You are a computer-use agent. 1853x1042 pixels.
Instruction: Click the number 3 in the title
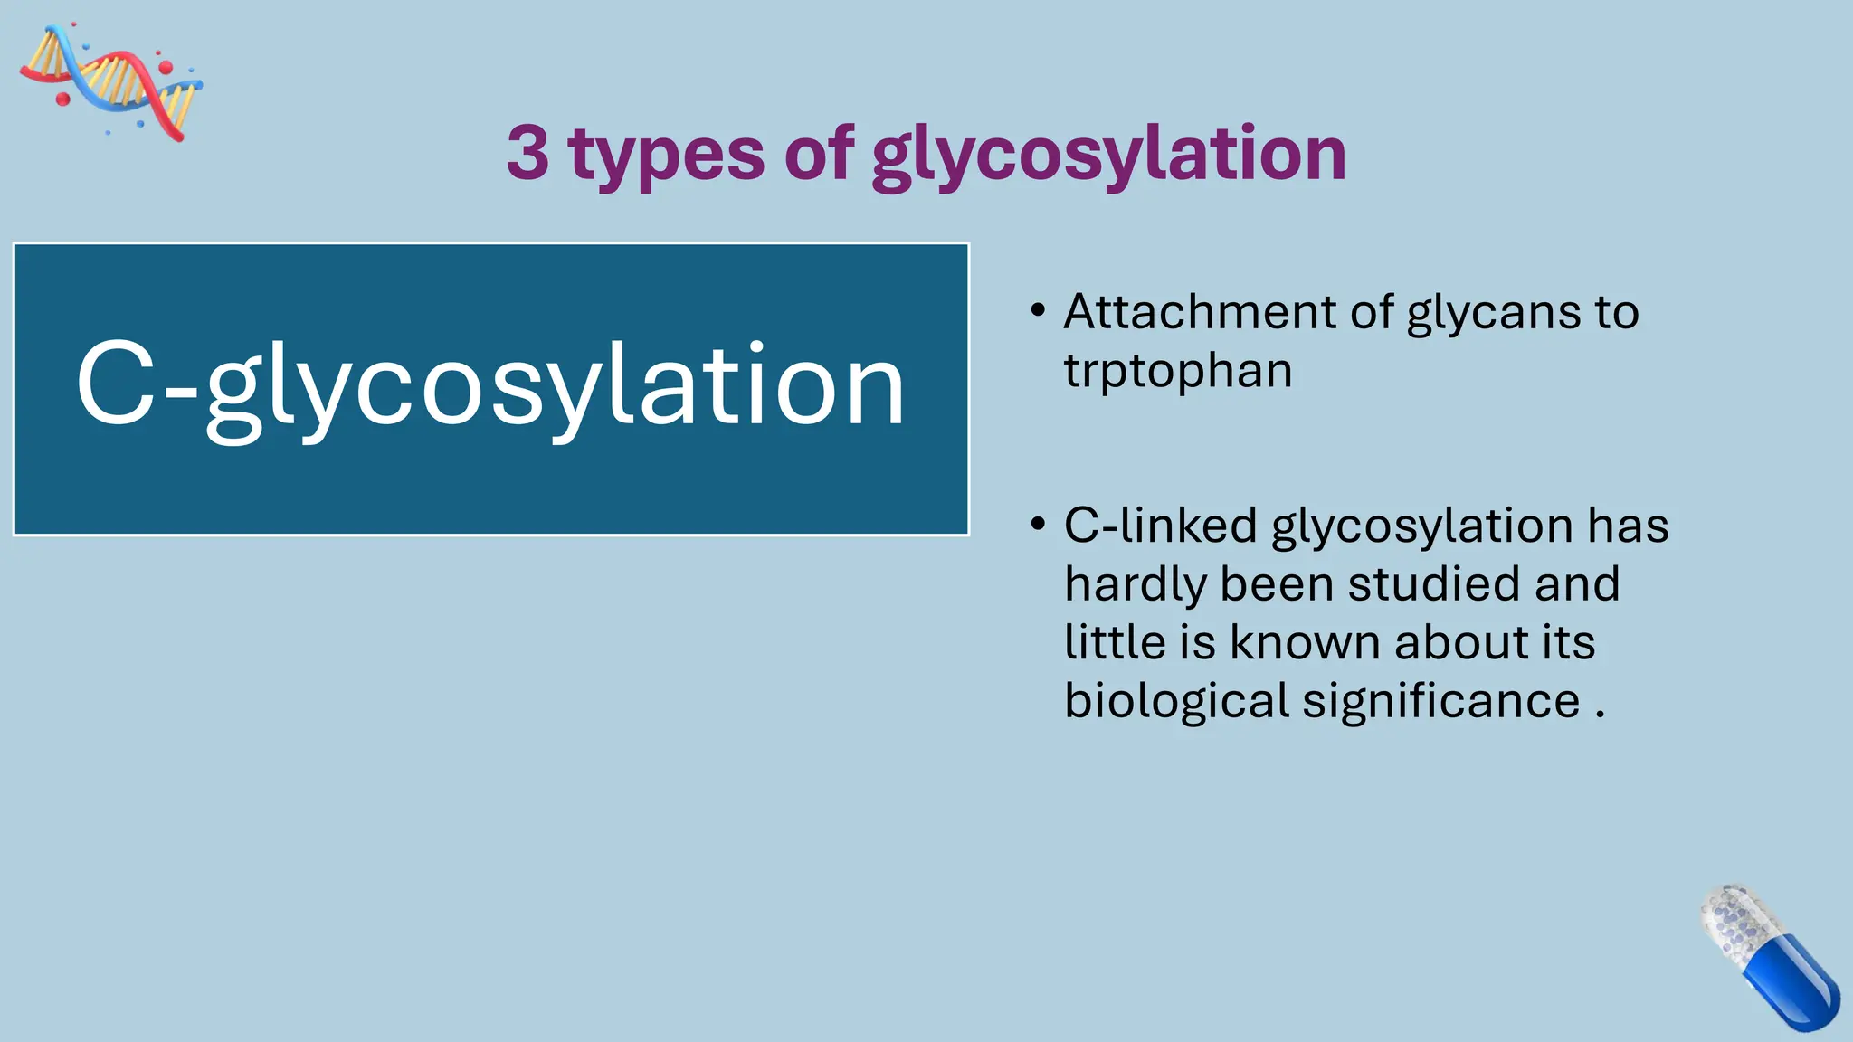click(528, 153)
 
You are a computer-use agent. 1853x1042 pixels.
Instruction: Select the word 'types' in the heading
click(667, 156)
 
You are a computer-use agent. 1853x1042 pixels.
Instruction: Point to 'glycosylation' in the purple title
click(1108, 156)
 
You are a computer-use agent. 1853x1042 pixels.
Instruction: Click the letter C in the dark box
click(116, 384)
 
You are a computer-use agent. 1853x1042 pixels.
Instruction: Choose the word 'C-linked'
click(1160, 526)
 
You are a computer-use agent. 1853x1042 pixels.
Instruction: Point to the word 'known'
click(1304, 642)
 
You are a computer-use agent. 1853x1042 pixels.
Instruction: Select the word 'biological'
click(1176, 702)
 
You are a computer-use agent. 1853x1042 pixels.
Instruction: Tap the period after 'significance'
click(1601, 715)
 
